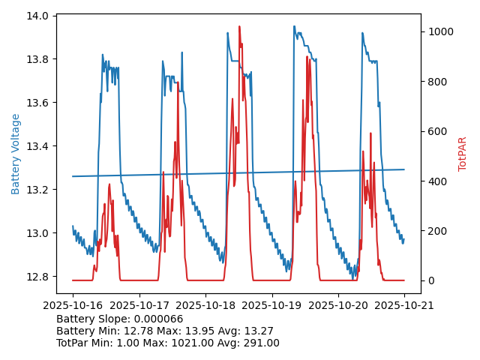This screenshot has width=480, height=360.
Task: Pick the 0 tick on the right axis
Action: click(430, 280)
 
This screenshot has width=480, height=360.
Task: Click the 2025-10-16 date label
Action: click(73, 305)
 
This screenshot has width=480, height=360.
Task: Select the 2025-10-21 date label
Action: click(404, 305)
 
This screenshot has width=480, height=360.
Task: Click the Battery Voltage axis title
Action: click(16, 154)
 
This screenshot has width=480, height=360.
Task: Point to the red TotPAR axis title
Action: click(463, 154)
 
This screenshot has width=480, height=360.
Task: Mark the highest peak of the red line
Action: click(239, 27)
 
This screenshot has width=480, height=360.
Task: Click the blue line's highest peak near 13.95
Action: click(294, 26)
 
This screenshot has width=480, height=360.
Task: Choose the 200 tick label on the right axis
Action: click(436, 231)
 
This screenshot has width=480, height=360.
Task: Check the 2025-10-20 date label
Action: click(338, 305)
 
